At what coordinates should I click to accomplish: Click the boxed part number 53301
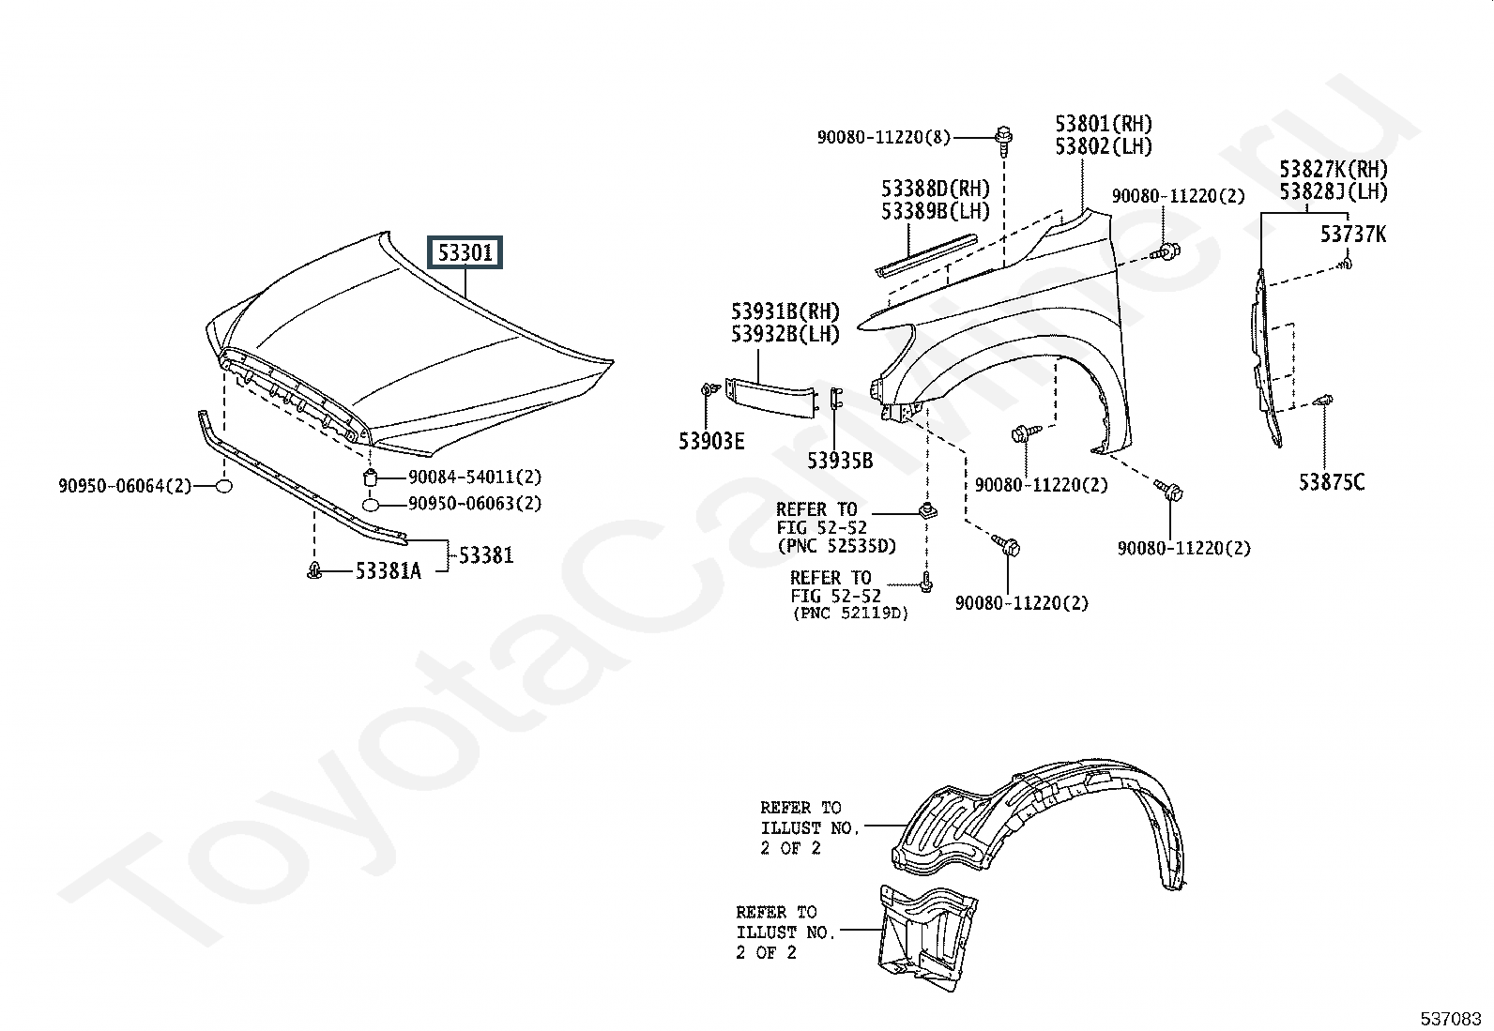pos(465,252)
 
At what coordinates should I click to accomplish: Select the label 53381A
pos(389,571)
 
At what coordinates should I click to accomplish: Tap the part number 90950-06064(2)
pos(125,486)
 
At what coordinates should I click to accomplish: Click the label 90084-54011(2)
pos(475,477)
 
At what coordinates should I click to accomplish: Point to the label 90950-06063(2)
pos(475,503)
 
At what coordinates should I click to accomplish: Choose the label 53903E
pos(711,441)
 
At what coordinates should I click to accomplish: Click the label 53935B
pos(841,460)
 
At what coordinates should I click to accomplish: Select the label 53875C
pos(1332,481)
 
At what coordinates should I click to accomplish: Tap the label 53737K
pos(1353,235)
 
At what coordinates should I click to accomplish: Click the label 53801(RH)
pos(1104,124)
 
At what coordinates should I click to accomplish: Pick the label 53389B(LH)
pos(936,211)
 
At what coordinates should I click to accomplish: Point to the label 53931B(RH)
pos(785,311)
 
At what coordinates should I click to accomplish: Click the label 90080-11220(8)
pos(884,137)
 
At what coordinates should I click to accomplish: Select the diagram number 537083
pos(1451,1019)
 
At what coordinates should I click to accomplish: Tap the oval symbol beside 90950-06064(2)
pos(225,486)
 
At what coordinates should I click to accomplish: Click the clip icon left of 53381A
pos(314,571)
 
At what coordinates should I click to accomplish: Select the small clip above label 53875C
pos(1322,402)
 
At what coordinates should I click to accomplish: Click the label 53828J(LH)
pos(1334,191)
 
